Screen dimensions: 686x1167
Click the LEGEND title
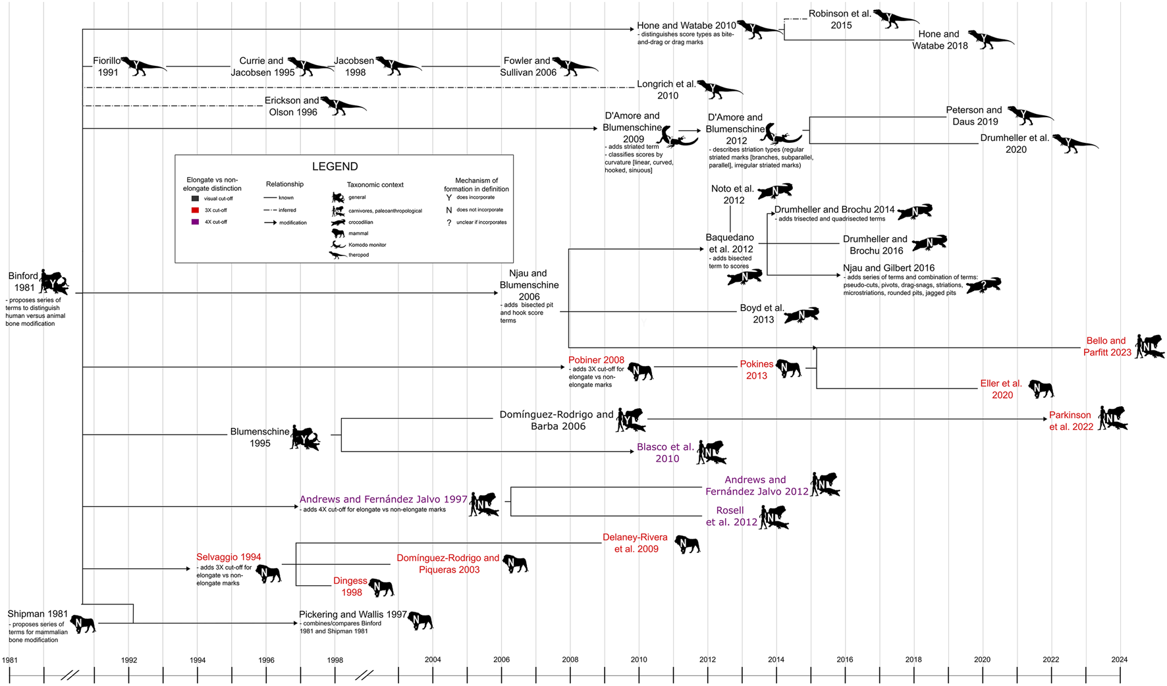pyautogui.click(x=335, y=167)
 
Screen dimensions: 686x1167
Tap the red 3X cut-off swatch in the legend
pyautogui.click(x=195, y=210)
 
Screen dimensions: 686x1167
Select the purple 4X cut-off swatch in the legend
pyautogui.click(x=195, y=222)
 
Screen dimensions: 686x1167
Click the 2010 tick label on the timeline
pyautogui.click(x=638, y=659)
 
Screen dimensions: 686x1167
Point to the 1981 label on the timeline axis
pyautogui.click(x=10, y=659)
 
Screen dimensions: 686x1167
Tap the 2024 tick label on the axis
pyautogui.click(x=1119, y=659)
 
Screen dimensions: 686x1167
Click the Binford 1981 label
pyautogui.click(x=23, y=282)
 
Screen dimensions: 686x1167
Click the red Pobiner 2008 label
pyautogui.click(x=596, y=360)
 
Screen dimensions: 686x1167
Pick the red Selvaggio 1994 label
pyautogui.click(x=229, y=557)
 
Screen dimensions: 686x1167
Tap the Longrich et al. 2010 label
pyautogui.click(x=666, y=90)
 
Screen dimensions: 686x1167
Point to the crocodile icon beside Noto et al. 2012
pyautogui.click(x=775, y=192)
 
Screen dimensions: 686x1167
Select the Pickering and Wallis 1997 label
pyautogui.click(x=353, y=614)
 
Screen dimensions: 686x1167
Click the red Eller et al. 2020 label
pyautogui.click(x=1001, y=389)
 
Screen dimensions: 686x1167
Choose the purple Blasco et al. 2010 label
pyautogui.click(x=666, y=453)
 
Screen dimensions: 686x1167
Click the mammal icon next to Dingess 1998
pyautogui.click(x=381, y=587)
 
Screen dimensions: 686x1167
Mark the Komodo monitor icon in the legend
pyautogui.click(x=338, y=244)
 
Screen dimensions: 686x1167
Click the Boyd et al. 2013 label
pyautogui.click(x=762, y=313)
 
